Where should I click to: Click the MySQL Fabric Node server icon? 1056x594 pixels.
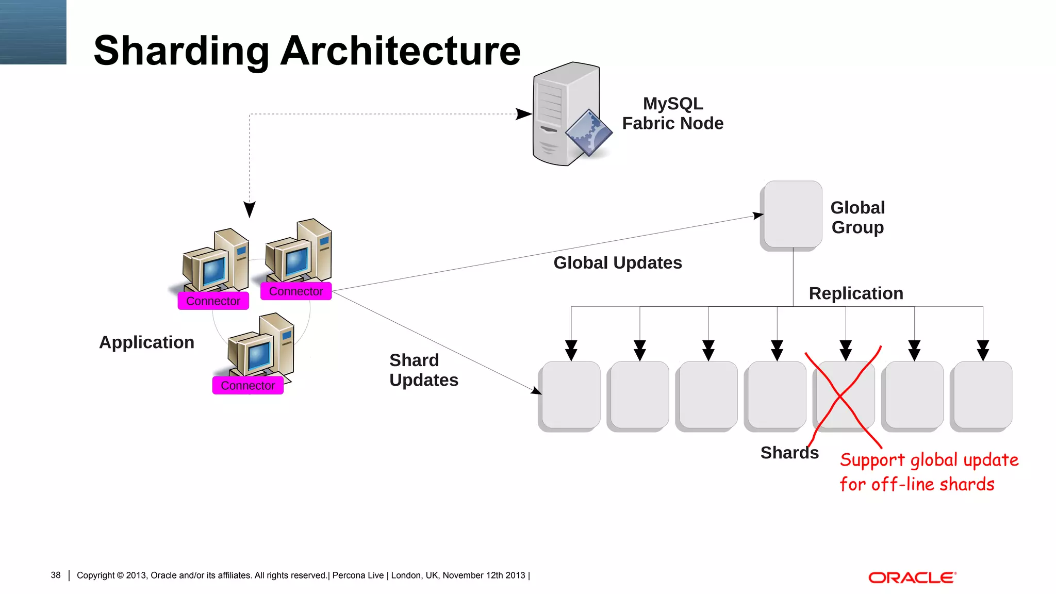(x=567, y=114)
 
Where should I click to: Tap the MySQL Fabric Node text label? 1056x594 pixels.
(x=672, y=113)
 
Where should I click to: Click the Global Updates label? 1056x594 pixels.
(x=617, y=263)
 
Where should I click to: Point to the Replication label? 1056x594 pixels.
(x=855, y=293)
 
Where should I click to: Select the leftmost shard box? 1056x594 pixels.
(x=571, y=395)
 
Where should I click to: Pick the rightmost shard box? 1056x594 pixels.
(x=983, y=395)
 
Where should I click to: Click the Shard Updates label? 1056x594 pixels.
(x=423, y=370)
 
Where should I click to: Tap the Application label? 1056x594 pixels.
(x=146, y=342)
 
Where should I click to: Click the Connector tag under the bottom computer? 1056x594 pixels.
(x=247, y=386)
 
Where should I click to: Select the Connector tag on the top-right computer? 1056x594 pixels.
(x=296, y=291)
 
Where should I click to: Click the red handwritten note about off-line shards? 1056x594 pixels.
(x=928, y=472)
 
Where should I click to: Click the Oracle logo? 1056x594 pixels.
(x=912, y=577)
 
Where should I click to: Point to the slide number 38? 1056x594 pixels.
(x=56, y=575)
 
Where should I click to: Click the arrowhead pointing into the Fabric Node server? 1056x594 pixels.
(x=523, y=114)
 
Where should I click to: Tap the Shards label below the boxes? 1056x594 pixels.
(x=789, y=453)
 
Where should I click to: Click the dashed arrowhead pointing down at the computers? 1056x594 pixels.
(x=250, y=209)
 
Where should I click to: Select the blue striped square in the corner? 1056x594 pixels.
(x=33, y=32)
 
